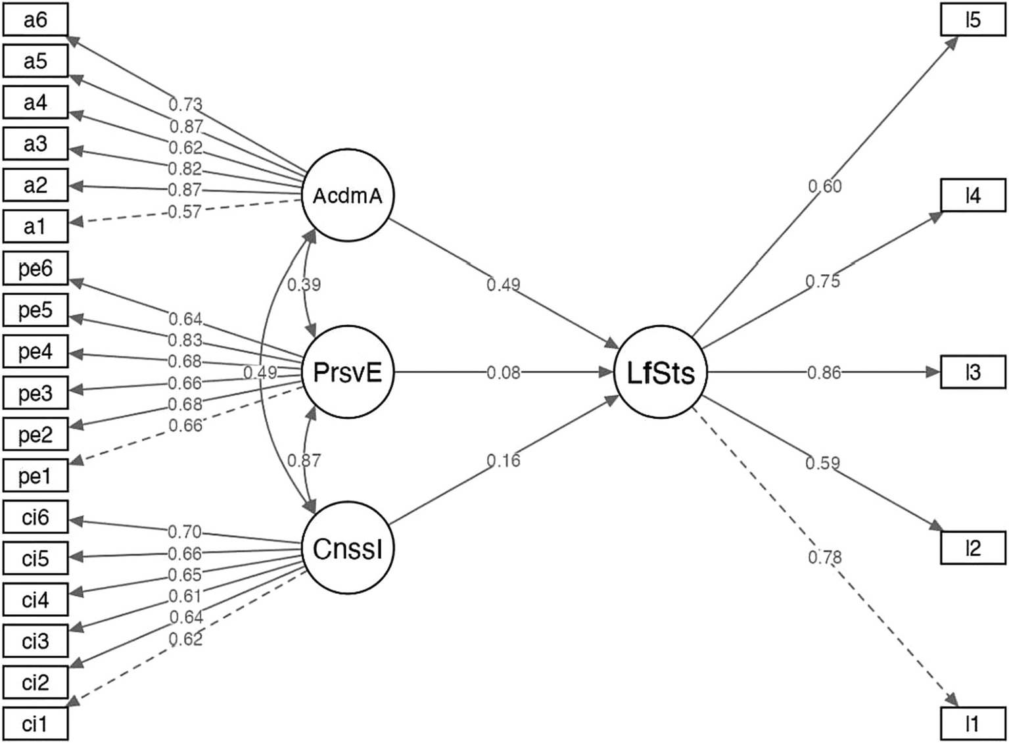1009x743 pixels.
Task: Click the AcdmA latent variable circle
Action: pos(347,196)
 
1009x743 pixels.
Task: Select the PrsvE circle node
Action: pos(347,373)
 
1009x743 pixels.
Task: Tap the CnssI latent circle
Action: pos(347,549)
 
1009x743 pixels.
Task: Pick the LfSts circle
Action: pos(661,373)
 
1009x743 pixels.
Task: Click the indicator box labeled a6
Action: pos(35,20)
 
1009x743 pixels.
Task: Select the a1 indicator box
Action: pos(35,227)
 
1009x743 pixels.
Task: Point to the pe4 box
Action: pos(35,352)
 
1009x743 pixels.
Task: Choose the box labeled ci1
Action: pos(35,724)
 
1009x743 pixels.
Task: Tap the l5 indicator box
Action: pos(973,20)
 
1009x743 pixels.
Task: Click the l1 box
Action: pos(973,724)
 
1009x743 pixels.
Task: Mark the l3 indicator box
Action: pos(973,373)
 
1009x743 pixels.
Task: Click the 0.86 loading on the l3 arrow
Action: pos(824,373)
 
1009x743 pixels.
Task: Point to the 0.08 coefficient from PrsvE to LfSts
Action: pos(504,373)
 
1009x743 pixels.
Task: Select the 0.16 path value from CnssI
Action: pos(504,461)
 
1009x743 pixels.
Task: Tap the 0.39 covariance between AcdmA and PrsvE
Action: pos(304,285)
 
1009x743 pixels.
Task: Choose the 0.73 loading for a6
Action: pos(185,105)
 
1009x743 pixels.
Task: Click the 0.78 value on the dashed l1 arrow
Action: pos(824,558)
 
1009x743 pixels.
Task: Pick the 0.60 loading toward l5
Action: pos(824,187)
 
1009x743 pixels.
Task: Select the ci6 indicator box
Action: pos(35,517)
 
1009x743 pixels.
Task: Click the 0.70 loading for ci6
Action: pos(185,531)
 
